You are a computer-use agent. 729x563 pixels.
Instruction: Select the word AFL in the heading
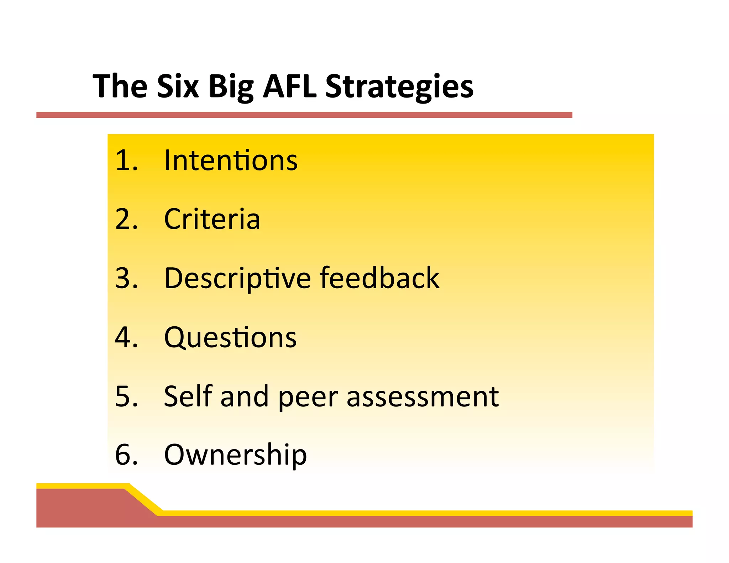point(289,86)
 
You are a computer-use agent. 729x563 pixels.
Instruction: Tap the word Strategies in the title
point(399,87)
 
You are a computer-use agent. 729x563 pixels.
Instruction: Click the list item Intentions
point(231,161)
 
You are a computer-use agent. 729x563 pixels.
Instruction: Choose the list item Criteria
point(212,219)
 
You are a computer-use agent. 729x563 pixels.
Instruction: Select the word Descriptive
point(237,279)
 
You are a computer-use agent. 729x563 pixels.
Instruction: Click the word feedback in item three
point(379,278)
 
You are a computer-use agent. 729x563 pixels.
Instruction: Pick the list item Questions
point(230,337)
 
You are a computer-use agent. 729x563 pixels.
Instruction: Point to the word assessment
point(423,396)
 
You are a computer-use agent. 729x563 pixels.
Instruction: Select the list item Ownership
point(235,455)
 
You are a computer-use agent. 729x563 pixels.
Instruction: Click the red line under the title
point(304,115)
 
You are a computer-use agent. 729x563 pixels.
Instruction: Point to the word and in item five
point(245,396)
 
